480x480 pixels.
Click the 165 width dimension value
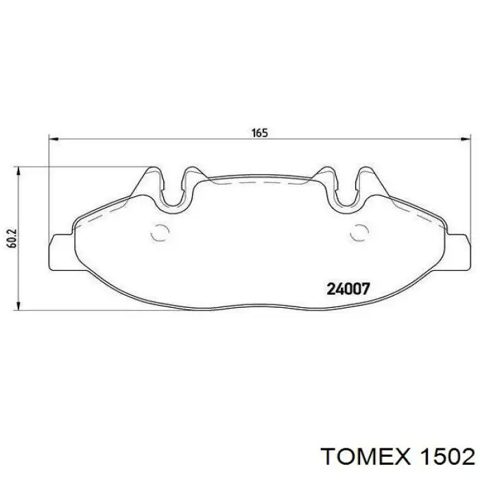coord(259,133)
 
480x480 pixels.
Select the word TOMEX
coord(363,456)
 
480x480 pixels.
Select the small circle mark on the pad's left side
coord(160,233)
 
